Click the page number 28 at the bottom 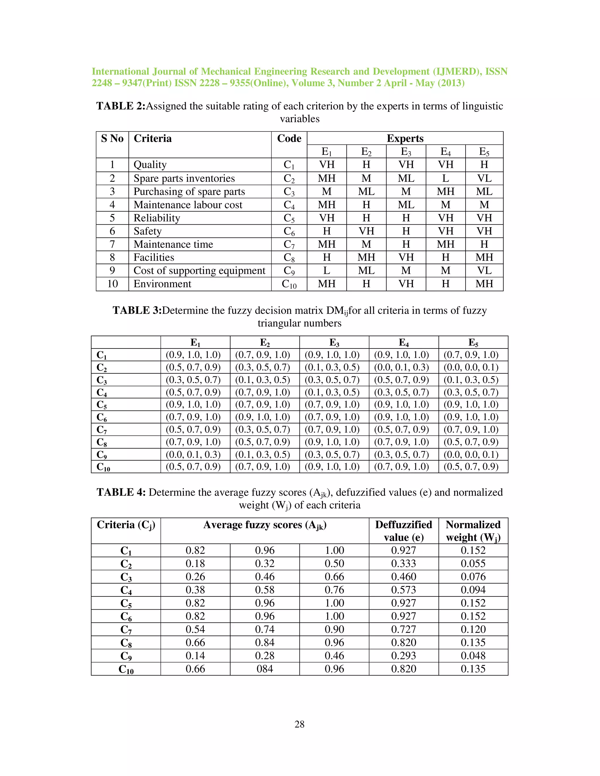(299, 724)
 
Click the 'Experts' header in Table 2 (405, 138)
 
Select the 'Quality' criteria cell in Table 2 (150, 165)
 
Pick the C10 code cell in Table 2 (289, 284)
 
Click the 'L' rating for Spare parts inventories (445, 178)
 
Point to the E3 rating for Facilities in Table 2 (406, 257)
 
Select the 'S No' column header (112, 138)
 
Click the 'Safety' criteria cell (148, 231)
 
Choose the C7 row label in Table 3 (102, 430)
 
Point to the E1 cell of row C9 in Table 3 (193, 454)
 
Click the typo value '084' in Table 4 (265, 669)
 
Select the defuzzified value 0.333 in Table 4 (403, 563)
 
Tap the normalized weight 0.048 (473, 656)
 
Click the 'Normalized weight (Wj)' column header (473, 531)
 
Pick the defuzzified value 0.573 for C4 (403, 590)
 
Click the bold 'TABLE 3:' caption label (137, 310)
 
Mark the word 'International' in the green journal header (120, 71)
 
